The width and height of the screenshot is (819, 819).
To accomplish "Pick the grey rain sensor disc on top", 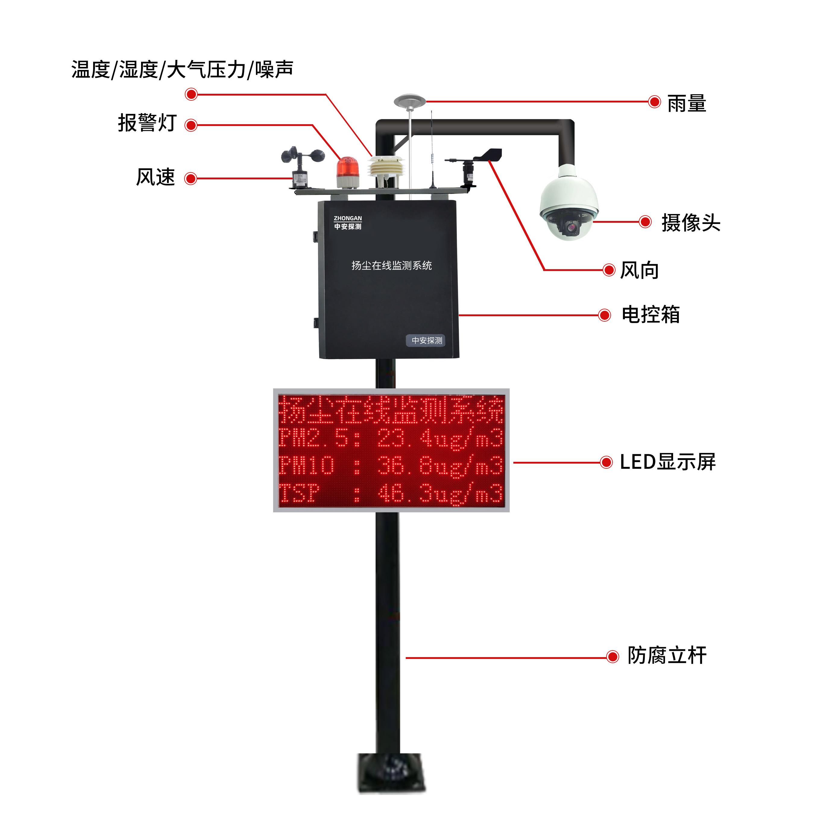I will pyautogui.click(x=409, y=102).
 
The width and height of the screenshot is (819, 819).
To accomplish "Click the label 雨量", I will pyautogui.click(x=686, y=103).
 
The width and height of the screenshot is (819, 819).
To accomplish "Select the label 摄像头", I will pyautogui.click(x=691, y=222).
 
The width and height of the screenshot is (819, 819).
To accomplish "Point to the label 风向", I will pyautogui.click(x=639, y=270).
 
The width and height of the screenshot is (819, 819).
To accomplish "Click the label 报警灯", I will pyautogui.click(x=147, y=123).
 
